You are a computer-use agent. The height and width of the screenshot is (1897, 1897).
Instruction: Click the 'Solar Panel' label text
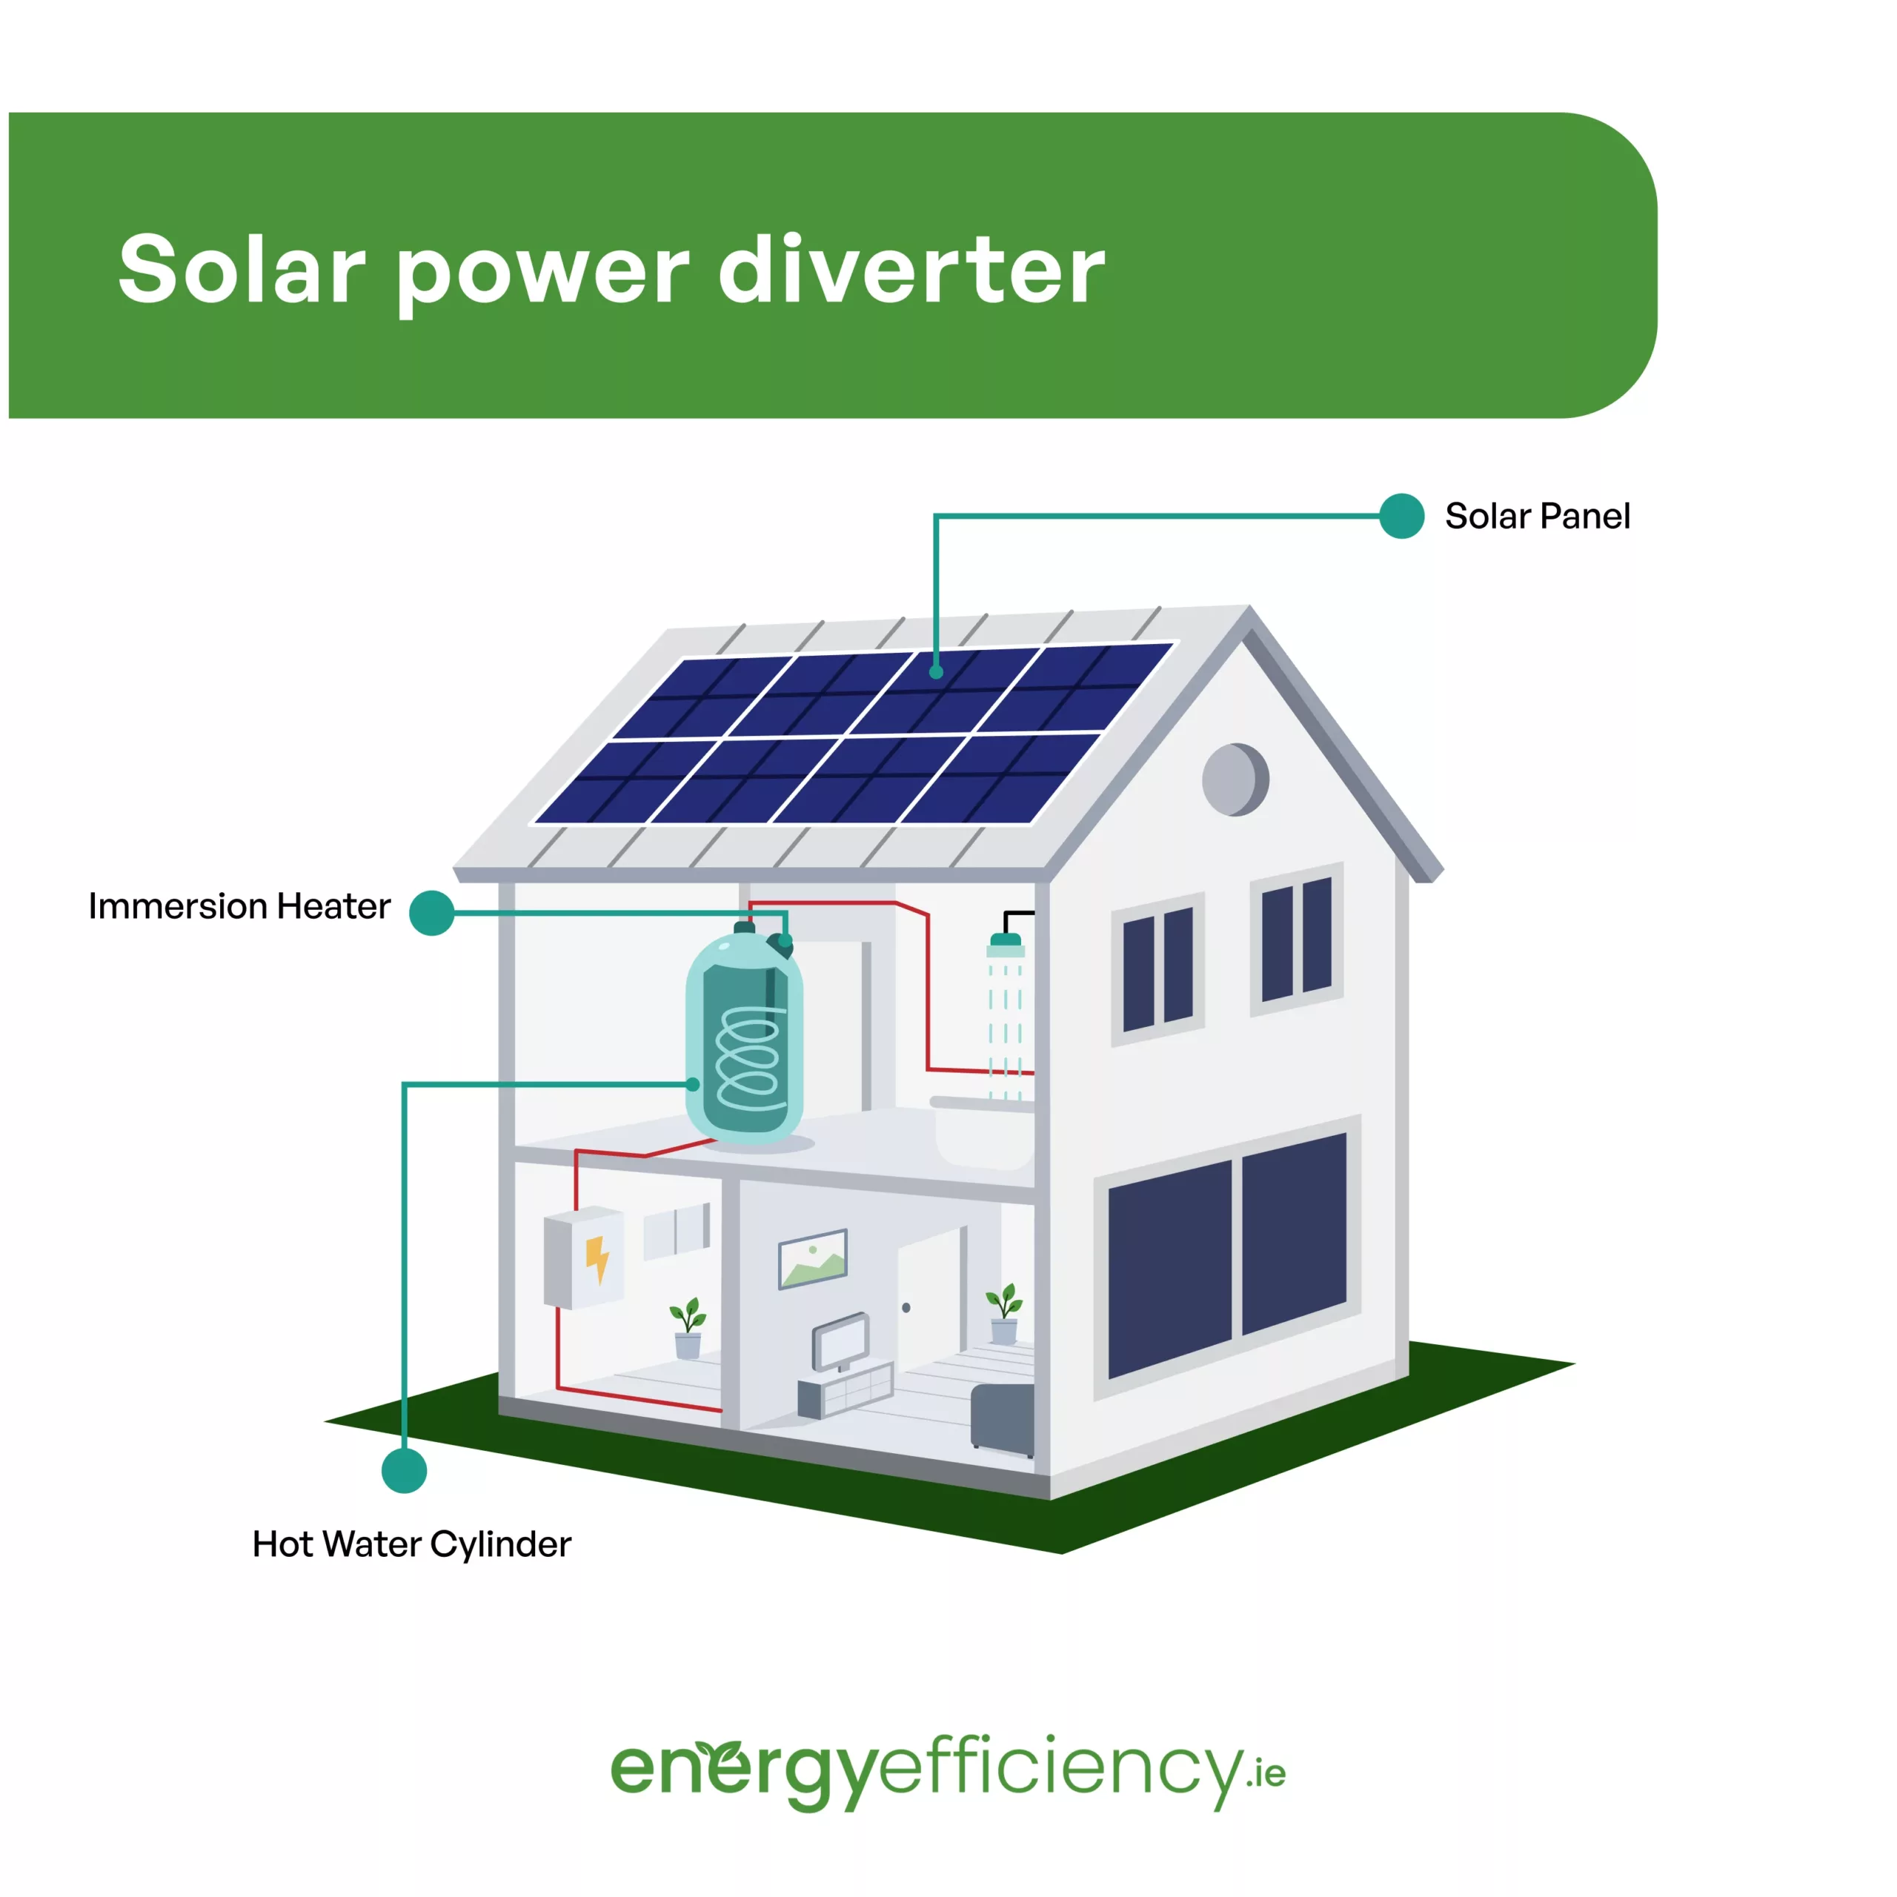(1537, 516)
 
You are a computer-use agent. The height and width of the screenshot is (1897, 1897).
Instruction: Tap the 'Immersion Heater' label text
(239, 906)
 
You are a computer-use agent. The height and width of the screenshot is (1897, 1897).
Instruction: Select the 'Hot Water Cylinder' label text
(411, 1544)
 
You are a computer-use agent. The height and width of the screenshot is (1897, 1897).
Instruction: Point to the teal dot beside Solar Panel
(1401, 516)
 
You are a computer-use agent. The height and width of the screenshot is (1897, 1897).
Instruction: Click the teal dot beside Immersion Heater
(431, 913)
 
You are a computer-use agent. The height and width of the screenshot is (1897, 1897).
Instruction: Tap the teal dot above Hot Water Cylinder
(404, 1471)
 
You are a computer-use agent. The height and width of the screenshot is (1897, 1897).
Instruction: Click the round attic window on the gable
(1235, 780)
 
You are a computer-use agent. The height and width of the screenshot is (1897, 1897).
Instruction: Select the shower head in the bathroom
(1006, 945)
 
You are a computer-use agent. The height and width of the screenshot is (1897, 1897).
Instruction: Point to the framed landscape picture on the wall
(812, 1259)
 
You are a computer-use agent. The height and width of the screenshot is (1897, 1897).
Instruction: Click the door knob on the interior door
(906, 1308)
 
